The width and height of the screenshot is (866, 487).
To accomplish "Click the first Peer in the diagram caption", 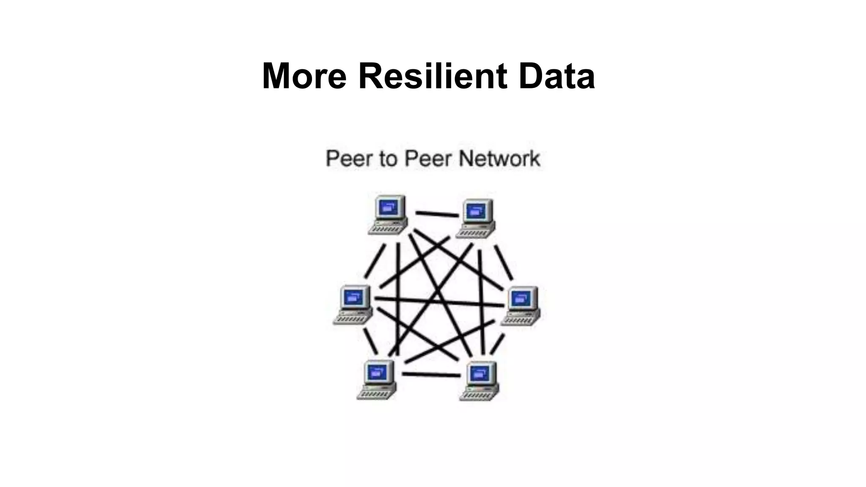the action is point(349,159).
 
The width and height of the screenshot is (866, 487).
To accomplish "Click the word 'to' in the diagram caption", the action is point(388,159).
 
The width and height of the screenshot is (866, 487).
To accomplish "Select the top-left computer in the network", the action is point(388,215).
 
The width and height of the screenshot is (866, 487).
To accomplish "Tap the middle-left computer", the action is point(353,305).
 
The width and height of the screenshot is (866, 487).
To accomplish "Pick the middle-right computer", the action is point(521,306).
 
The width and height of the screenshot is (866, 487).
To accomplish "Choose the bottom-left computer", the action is point(377,379).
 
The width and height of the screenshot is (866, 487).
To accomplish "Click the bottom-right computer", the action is point(480,381).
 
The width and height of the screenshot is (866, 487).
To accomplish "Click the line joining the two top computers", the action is point(437,214).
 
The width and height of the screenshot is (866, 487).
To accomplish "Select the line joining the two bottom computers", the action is point(431,375).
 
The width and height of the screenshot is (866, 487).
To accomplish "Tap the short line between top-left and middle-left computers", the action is point(375,261).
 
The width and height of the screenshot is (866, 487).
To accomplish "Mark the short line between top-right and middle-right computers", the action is point(504,263).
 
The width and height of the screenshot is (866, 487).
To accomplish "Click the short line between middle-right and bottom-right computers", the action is point(498,344).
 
